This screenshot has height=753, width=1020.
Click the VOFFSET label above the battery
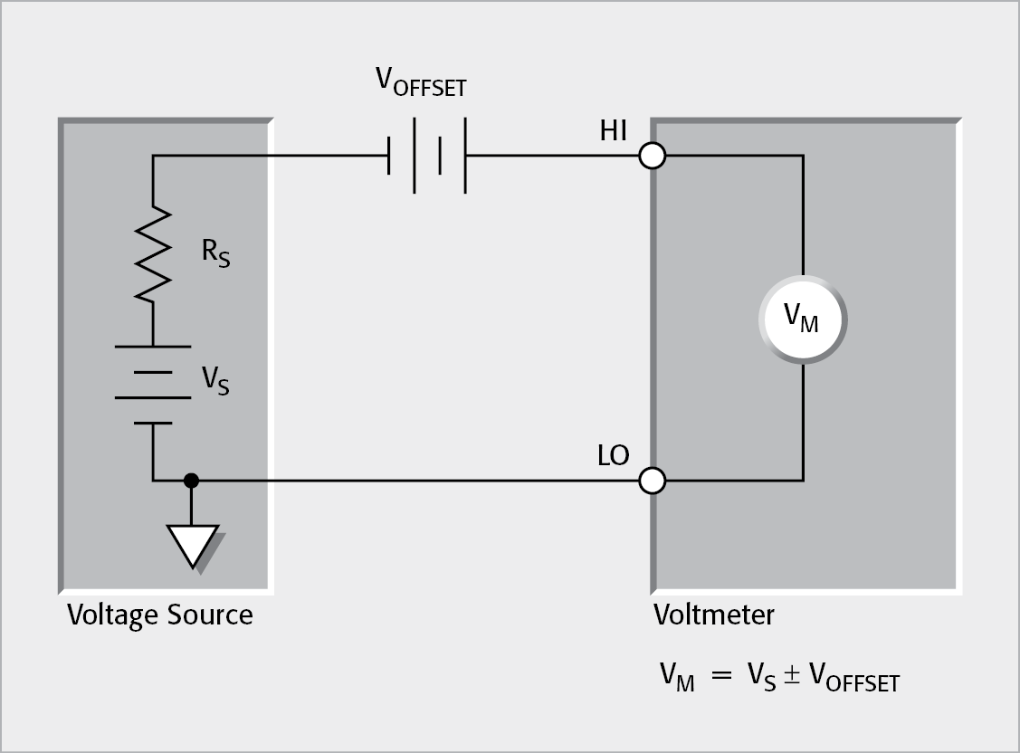421,83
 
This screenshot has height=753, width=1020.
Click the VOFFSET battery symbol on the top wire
427,156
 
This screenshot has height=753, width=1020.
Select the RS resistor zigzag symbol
153,253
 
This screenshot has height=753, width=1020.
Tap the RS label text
214,253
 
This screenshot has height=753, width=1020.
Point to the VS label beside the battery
214,381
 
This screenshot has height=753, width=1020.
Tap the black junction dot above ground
191,481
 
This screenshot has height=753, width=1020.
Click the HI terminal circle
652,156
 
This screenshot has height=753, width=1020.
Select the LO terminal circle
652,481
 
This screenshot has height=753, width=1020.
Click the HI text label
613,131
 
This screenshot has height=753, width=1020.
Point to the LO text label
613,455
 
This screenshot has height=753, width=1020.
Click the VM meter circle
802,319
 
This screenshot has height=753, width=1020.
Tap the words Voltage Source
160,615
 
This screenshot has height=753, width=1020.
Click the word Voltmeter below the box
714,615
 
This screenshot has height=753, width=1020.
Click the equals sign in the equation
720,676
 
